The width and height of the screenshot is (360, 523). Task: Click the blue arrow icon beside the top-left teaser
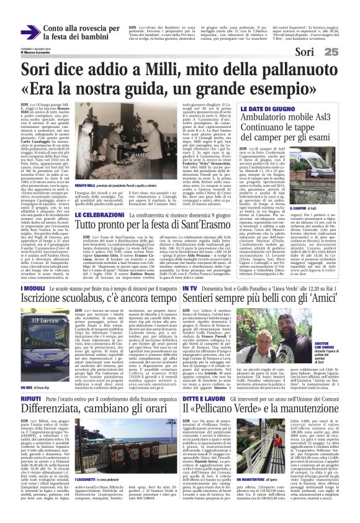click(30, 32)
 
